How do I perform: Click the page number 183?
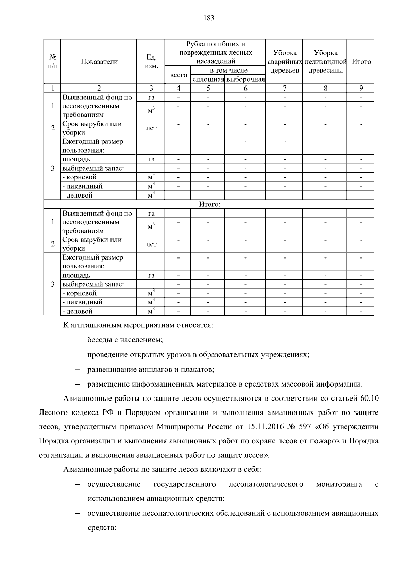209,18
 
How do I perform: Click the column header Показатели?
99,62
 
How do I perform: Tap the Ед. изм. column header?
151,62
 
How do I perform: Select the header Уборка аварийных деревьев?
284,62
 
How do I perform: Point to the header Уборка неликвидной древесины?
325,62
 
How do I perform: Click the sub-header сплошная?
208,80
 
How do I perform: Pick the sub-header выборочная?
245,80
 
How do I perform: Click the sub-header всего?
178,75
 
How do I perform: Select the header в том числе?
228,71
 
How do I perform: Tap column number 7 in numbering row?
285,89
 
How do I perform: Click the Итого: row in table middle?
209,204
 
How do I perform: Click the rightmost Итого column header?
361,62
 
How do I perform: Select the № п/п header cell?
52,62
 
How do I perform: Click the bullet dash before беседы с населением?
78,340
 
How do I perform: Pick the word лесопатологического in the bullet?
266,484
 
